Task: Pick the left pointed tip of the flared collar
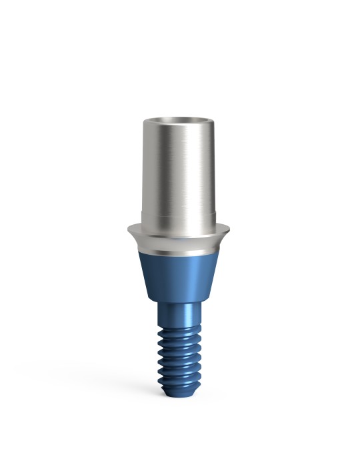point(127,228)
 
